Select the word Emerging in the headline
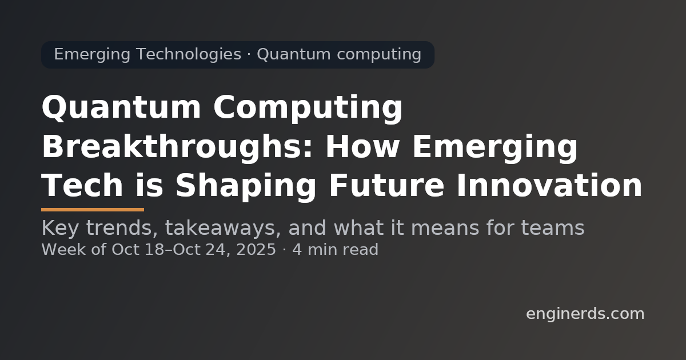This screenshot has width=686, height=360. tap(494, 147)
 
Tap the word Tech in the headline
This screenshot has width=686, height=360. tap(82, 186)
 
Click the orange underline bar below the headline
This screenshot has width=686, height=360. tap(93, 210)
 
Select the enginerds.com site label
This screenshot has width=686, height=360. tap(585, 314)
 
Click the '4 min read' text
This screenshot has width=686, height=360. tap(335, 250)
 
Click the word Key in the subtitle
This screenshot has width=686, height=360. tap(59, 229)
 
